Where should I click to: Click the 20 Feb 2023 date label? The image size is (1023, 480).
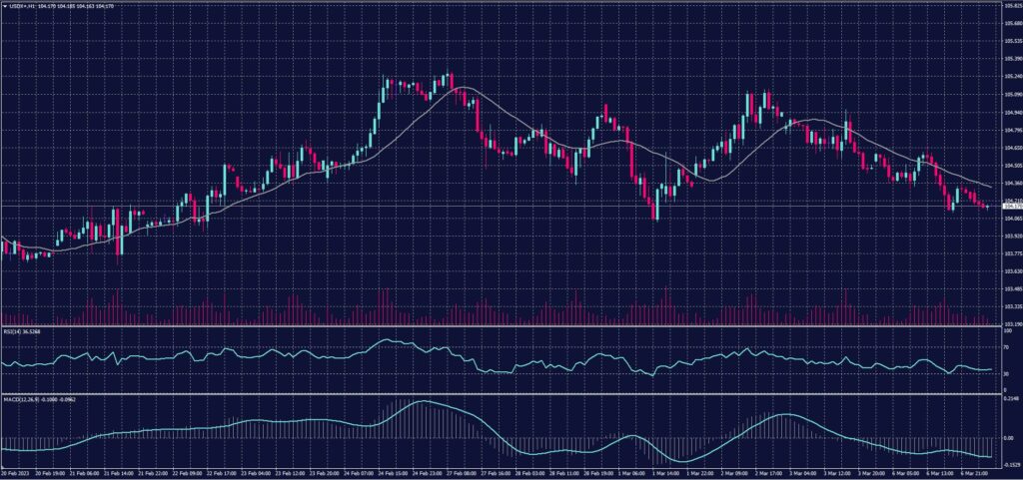tap(16, 473)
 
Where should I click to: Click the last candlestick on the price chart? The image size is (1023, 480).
tap(987, 207)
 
